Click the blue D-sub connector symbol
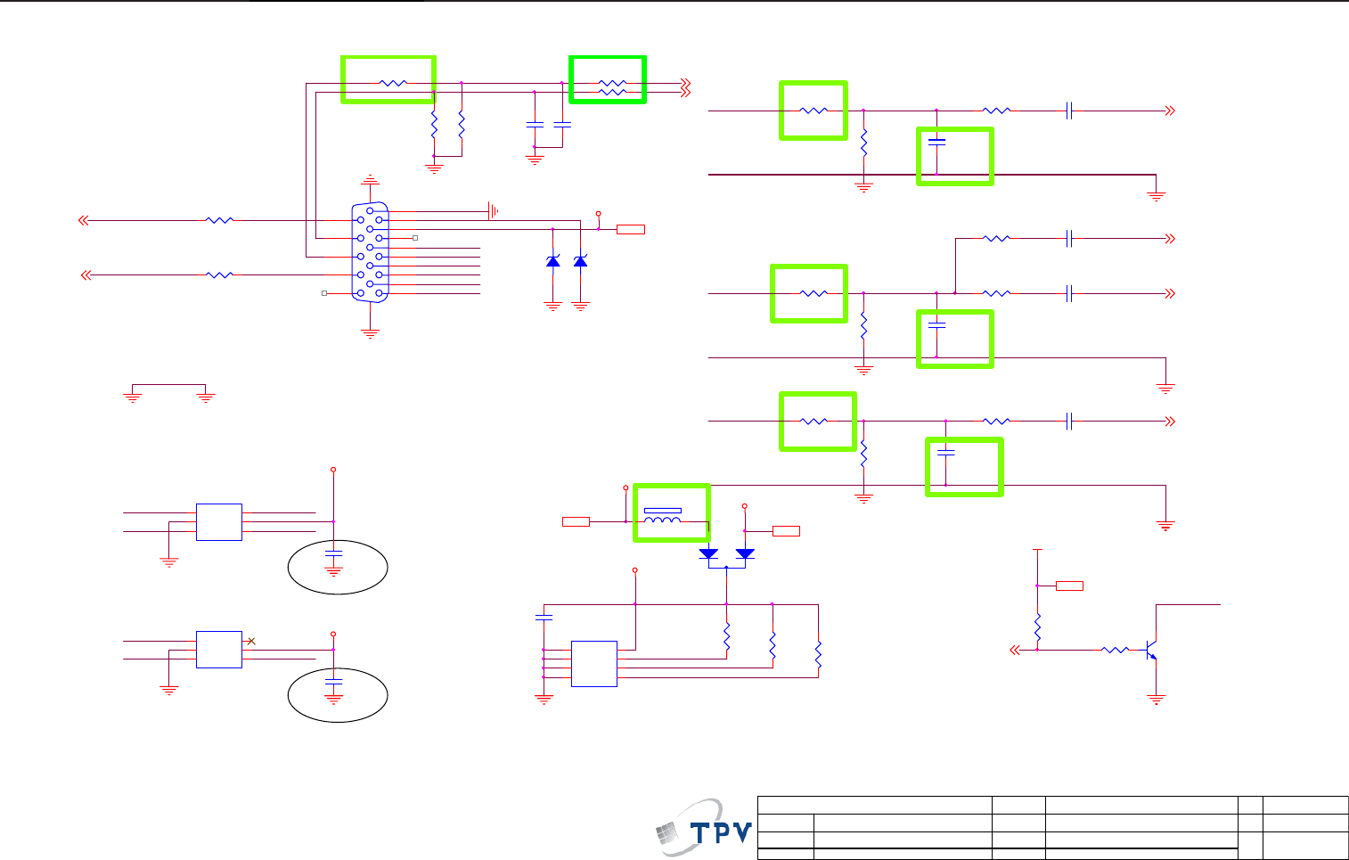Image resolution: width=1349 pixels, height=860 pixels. pyautogui.click(x=370, y=252)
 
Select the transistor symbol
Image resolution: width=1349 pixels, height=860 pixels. pyautogui.click(x=1151, y=651)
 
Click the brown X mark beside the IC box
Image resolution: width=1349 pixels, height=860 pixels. pyautogui.click(x=251, y=641)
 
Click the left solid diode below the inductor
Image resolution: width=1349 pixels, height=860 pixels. pyautogui.click(x=709, y=553)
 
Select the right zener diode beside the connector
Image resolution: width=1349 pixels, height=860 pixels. pyautogui.click(x=581, y=260)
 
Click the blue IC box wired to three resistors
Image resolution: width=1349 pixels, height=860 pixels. pyautogui.click(x=593, y=664)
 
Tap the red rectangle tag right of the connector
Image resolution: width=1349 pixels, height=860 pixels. pyautogui.click(x=631, y=230)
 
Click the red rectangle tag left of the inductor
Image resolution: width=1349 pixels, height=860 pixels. pyautogui.click(x=576, y=521)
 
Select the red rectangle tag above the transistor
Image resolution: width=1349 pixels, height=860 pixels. pyautogui.click(x=1069, y=586)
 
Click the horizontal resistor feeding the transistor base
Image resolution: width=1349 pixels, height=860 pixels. pyautogui.click(x=1115, y=651)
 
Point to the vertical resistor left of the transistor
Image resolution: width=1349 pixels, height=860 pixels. pyautogui.click(x=1038, y=627)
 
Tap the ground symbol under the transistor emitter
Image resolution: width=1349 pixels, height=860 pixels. pyautogui.click(x=1157, y=700)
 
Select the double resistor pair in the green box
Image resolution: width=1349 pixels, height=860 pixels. pyautogui.click(x=612, y=87)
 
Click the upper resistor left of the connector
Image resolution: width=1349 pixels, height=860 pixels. pyautogui.click(x=219, y=220)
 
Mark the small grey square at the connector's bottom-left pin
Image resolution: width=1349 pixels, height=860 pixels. pyautogui.click(x=324, y=293)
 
